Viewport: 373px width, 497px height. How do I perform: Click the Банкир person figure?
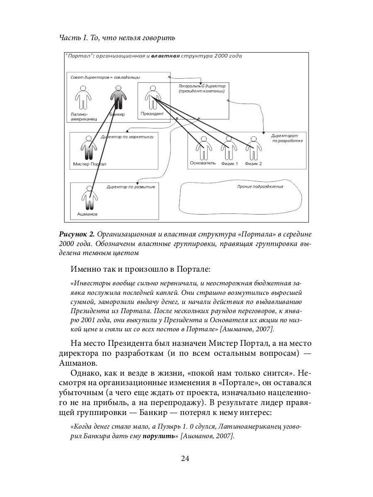118,99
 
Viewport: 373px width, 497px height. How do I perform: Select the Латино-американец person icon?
83,99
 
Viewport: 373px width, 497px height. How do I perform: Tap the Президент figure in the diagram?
153,97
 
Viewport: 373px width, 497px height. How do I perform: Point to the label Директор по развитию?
131,187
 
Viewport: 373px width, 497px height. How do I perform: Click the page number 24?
186,458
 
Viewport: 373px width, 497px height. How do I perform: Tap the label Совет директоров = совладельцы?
105,77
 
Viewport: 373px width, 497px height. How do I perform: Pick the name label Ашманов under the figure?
87,214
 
